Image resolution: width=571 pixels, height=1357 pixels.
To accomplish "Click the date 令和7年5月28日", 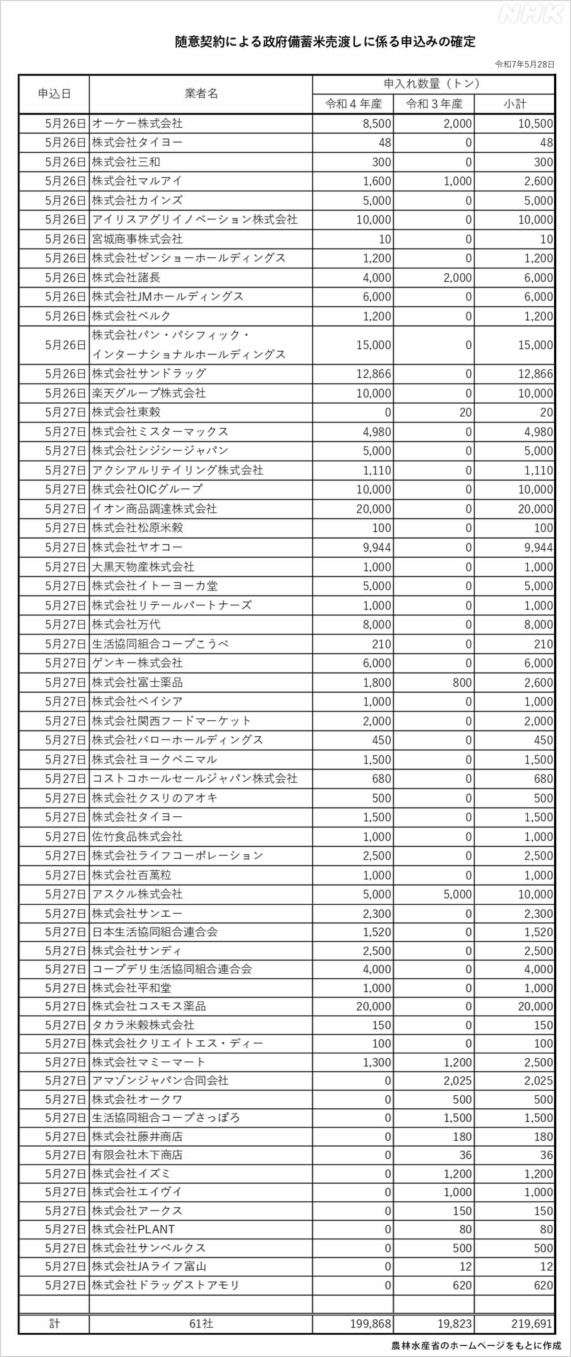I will pyautogui.click(x=525, y=64).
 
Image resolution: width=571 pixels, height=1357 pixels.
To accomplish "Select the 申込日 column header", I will pyautogui.click(x=54, y=94).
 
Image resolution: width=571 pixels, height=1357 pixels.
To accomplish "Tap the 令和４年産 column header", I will pyautogui.click(x=353, y=104).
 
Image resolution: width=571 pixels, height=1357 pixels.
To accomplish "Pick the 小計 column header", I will pyautogui.click(x=514, y=104).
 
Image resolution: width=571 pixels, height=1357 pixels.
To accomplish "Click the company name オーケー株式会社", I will pyautogui.click(x=137, y=123).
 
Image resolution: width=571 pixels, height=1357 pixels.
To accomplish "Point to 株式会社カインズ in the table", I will pyautogui.click(x=137, y=200).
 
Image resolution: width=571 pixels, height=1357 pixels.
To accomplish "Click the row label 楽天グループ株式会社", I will pyautogui.click(x=149, y=393).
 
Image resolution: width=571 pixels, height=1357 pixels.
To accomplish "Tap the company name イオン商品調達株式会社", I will pyautogui.click(x=154, y=508).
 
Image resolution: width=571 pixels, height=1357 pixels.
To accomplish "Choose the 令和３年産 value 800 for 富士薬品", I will pyautogui.click(x=462, y=682).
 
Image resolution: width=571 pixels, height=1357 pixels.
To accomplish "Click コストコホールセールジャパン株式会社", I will pyautogui.click(x=194, y=779).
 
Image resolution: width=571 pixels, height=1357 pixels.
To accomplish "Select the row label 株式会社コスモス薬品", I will pyautogui.click(x=149, y=1006).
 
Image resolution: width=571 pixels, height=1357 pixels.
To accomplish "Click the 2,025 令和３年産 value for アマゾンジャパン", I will pyautogui.click(x=457, y=1081).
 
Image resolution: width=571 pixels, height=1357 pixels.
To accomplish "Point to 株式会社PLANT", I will pyautogui.click(x=133, y=1229).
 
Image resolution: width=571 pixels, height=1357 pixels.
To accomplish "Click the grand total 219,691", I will pyautogui.click(x=532, y=1323).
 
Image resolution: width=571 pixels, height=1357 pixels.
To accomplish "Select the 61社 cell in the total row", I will pyautogui.click(x=201, y=1323).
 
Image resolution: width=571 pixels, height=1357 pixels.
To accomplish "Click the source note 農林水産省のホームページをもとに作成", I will pyautogui.click(x=476, y=1345).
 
